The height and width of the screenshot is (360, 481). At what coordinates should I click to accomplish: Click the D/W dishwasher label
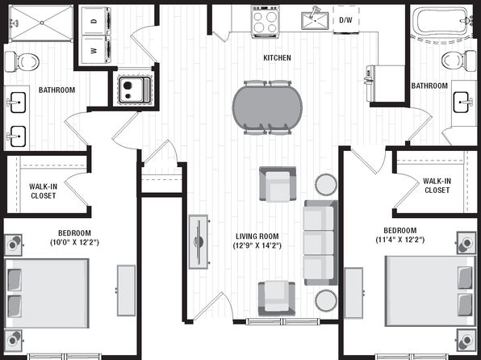point(345,20)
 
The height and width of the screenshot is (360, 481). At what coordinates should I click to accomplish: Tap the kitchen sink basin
point(315,20)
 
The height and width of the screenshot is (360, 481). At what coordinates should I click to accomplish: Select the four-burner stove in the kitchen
point(266,21)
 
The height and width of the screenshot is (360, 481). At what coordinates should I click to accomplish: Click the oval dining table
point(267,107)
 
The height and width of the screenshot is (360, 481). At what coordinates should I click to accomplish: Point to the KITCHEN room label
point(277,57)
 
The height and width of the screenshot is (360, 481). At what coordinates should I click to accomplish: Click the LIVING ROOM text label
point(257,237)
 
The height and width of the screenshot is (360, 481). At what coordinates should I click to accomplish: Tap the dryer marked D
point(96,21)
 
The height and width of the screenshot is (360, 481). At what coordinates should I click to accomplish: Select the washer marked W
point(96,50)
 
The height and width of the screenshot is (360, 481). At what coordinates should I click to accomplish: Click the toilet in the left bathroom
point(22,61)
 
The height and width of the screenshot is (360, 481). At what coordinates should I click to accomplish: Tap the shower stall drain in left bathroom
point(42,23)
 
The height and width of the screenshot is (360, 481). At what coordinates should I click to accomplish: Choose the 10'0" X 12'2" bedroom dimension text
point(74,242)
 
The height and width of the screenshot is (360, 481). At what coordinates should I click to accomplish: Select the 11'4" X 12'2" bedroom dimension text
point(400,240)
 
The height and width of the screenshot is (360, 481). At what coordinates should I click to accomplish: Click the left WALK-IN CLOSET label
point(43,190)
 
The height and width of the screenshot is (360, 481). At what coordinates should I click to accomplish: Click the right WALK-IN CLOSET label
point(437,186)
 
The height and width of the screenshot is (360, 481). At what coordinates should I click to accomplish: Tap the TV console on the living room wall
point(199,242)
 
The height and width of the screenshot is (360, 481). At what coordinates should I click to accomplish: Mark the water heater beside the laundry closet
point(135,89)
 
